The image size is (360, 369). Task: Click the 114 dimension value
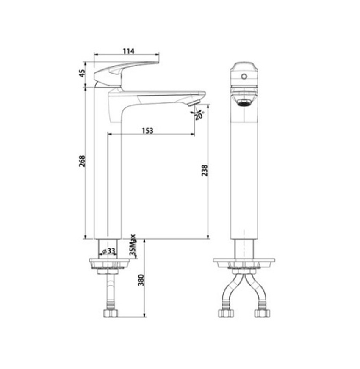(128, 51)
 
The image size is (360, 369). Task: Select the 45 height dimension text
(83, 73)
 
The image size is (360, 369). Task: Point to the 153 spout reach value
(147, 131)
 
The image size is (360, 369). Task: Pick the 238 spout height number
(205, 170)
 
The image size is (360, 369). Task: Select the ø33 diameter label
(108, 251)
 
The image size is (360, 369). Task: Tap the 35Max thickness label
(133, 245)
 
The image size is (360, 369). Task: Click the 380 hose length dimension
(141, 280)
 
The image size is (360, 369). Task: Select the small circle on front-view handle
(244, 77)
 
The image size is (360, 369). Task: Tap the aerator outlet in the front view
(244, 102)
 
